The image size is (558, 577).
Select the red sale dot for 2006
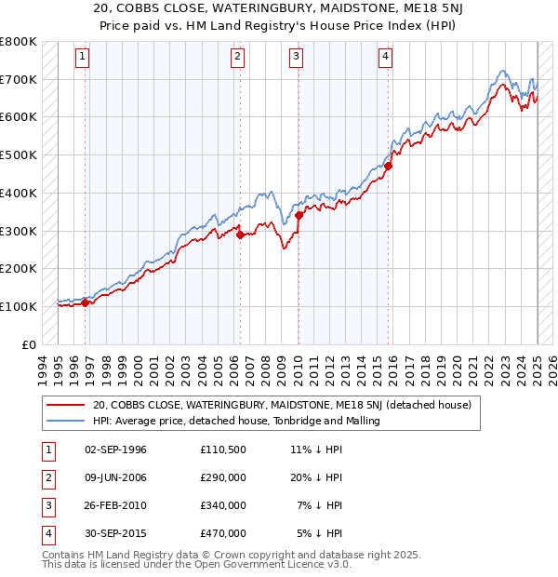point(240,235)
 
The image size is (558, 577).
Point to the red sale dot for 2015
point(389,166)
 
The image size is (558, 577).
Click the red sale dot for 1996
point(85,302)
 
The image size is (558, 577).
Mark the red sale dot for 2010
point(299,215)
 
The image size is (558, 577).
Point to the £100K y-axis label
point(19,306)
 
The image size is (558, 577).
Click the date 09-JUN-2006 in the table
point(115,477)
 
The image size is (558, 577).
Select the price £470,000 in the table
point(223,533)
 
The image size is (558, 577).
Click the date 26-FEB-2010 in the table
point(115,505)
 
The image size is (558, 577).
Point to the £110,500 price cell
point(223,450)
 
